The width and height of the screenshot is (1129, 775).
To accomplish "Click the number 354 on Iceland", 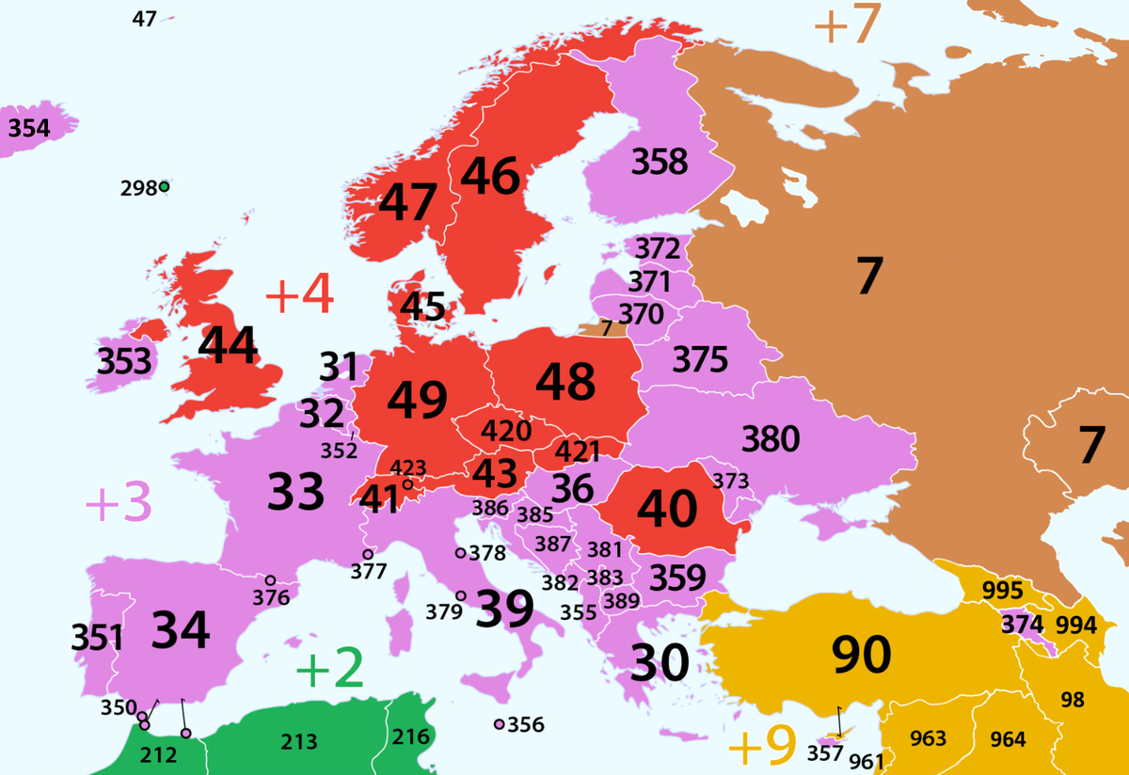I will point(28,127).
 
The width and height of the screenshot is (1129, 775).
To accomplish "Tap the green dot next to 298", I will point(165,187).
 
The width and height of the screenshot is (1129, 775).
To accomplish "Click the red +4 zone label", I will point(300,296).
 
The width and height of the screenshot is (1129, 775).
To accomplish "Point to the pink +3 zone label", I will point(118,505).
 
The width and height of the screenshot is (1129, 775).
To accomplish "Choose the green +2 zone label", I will point(329,669).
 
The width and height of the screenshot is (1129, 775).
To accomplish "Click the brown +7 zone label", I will point(846,25).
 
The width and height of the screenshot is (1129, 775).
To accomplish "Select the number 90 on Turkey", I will point(862,655).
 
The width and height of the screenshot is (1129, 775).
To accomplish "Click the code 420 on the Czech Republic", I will point(506,431).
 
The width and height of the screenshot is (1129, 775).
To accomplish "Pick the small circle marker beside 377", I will point(368,554).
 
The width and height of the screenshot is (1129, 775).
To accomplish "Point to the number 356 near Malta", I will point(525,725).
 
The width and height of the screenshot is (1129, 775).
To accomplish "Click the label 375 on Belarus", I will point(700,358).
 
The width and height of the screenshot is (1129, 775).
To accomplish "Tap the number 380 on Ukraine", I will point(771,438).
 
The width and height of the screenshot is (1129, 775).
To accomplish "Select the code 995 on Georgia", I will point(1001,591).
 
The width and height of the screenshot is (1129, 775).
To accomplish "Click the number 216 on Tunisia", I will point(410,736).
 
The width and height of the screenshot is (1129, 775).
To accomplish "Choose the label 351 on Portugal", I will point(97,639).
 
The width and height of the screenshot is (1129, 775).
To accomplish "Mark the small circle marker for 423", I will point(407,484).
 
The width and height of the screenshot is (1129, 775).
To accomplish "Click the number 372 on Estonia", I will point(657,249).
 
